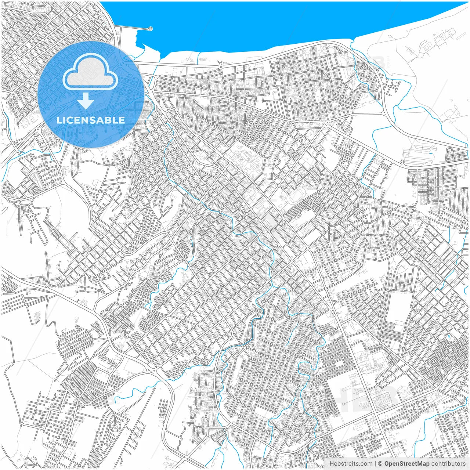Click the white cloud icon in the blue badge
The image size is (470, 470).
[x=90, y=73]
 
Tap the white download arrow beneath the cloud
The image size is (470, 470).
[x=86, y=101]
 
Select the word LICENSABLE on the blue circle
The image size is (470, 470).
[x=90, y=120]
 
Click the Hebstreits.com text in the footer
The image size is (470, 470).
[x=351, y=464]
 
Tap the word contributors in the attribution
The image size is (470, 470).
[x=448, y=464]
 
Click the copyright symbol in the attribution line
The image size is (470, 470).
[x=380, y=464]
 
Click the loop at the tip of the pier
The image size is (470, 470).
[x=150, y=29]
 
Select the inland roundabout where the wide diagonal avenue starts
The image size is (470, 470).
[x=325, y=123]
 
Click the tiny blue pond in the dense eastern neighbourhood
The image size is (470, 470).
[x=448, y=336]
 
